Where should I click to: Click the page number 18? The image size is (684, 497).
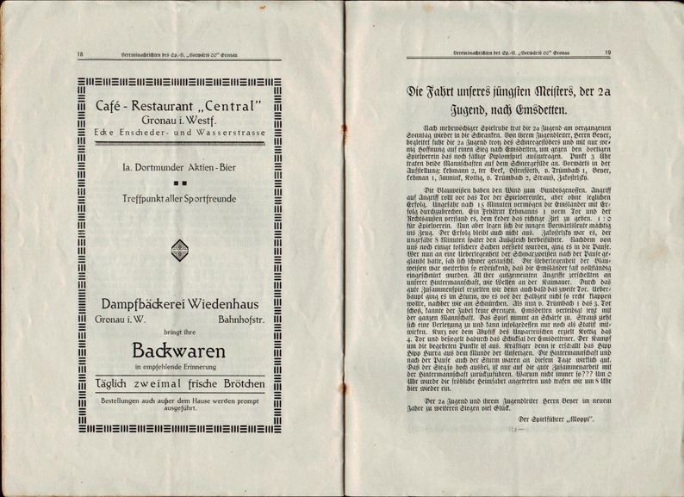[x=80, y=54]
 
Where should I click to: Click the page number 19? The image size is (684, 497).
[x=607, y=53]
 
